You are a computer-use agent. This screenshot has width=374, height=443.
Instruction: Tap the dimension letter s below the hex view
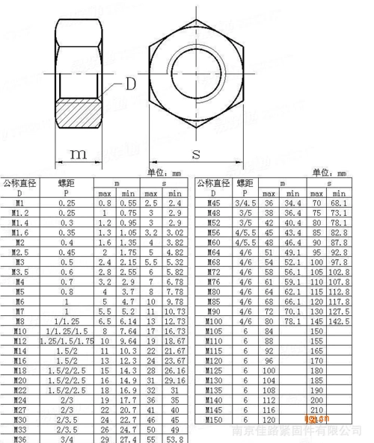pos(196,154)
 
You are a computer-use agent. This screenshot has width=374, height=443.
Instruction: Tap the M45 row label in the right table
pos(213,203)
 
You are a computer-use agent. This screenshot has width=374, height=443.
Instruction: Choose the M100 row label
pos(213,320)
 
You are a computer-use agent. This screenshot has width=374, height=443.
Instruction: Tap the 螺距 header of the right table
pos(245,182)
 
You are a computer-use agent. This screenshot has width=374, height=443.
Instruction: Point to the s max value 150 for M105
pos(316,330)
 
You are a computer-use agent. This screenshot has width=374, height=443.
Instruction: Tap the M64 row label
pos(213,253)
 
